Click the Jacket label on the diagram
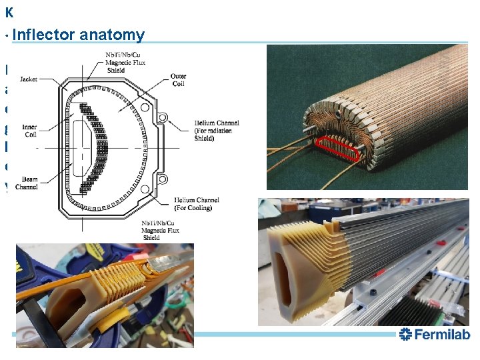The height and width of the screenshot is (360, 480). pyautogui.click(x=29, y=79)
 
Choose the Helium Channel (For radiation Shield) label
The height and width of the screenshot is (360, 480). pyautogui.click(x=217, y=131)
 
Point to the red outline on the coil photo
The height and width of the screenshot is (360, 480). pyautogui.click(x=337, y=148)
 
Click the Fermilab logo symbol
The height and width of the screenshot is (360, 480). pyautogui.click(x=405, y=335)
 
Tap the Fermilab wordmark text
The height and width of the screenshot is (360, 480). pyautogui.click(x=442, y=335)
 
